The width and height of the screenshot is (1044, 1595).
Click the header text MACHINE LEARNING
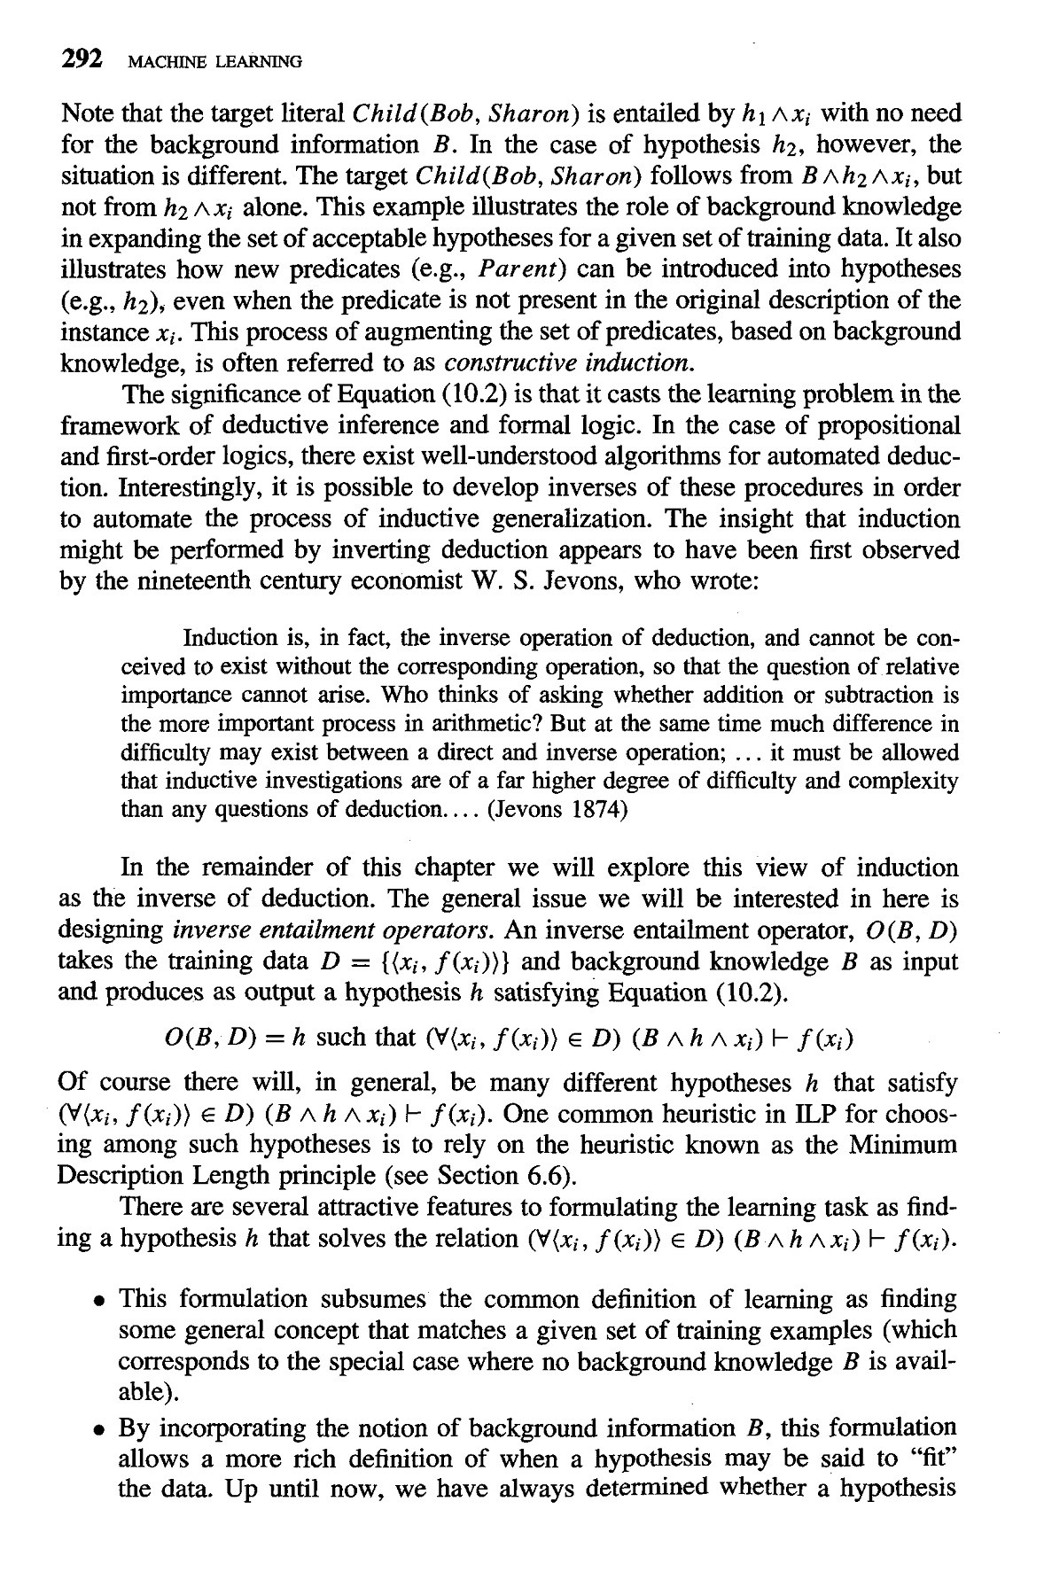click(215, 61)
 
